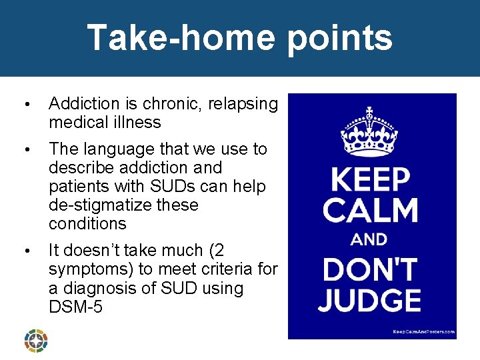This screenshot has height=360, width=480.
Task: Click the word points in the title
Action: tap(341, 39)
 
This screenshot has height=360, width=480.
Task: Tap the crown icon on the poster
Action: tap(369, 131)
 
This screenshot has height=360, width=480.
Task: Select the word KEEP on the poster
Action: tap(371, 180)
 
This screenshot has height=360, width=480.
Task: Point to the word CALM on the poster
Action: tap(371, 211)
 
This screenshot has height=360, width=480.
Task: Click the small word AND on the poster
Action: tap(369, 239)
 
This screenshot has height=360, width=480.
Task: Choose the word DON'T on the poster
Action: tap(371, 269)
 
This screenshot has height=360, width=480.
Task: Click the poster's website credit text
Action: tap(423, 331)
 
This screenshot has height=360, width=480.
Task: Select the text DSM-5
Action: tap(75, 307)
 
